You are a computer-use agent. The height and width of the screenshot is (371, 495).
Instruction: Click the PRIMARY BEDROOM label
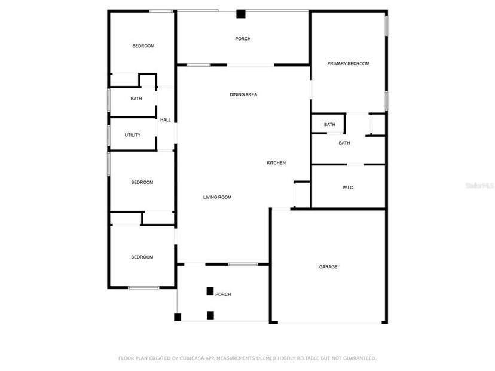tap(348, 63)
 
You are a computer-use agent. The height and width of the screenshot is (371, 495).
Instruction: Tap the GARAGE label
tap(328, 267)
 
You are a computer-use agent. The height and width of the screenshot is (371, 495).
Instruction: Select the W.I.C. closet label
tap(348, 188)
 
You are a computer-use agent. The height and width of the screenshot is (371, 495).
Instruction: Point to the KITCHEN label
tap(276, 162)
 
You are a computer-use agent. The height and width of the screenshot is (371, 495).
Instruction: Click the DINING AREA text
tap(243, 94)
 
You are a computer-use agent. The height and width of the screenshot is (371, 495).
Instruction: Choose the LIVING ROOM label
tap(217, 197)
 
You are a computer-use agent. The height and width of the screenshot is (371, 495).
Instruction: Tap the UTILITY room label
tap(133, 135)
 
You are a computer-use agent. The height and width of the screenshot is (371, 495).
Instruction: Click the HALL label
tap(166, 120)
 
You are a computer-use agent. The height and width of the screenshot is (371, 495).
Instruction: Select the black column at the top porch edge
tap(241, 14)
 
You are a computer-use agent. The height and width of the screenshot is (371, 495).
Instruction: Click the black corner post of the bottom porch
tap(178, 317)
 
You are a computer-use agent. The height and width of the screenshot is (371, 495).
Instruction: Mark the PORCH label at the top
tap(243, 39)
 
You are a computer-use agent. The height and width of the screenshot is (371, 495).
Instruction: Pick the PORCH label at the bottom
tap(223, 295)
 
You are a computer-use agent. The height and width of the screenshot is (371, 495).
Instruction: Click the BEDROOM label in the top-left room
tap(143, 46)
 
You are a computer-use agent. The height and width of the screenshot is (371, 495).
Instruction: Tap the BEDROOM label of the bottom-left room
tap(142, 257)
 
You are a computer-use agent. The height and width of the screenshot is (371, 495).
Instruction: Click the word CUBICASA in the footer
tap(192, 358)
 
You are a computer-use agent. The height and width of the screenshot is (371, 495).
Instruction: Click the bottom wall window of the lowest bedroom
tap(143, 288)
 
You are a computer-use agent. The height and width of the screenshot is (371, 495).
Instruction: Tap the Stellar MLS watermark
tap(479, 185)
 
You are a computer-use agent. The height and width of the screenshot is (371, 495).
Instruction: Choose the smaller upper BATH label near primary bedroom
tap(329, 125)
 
